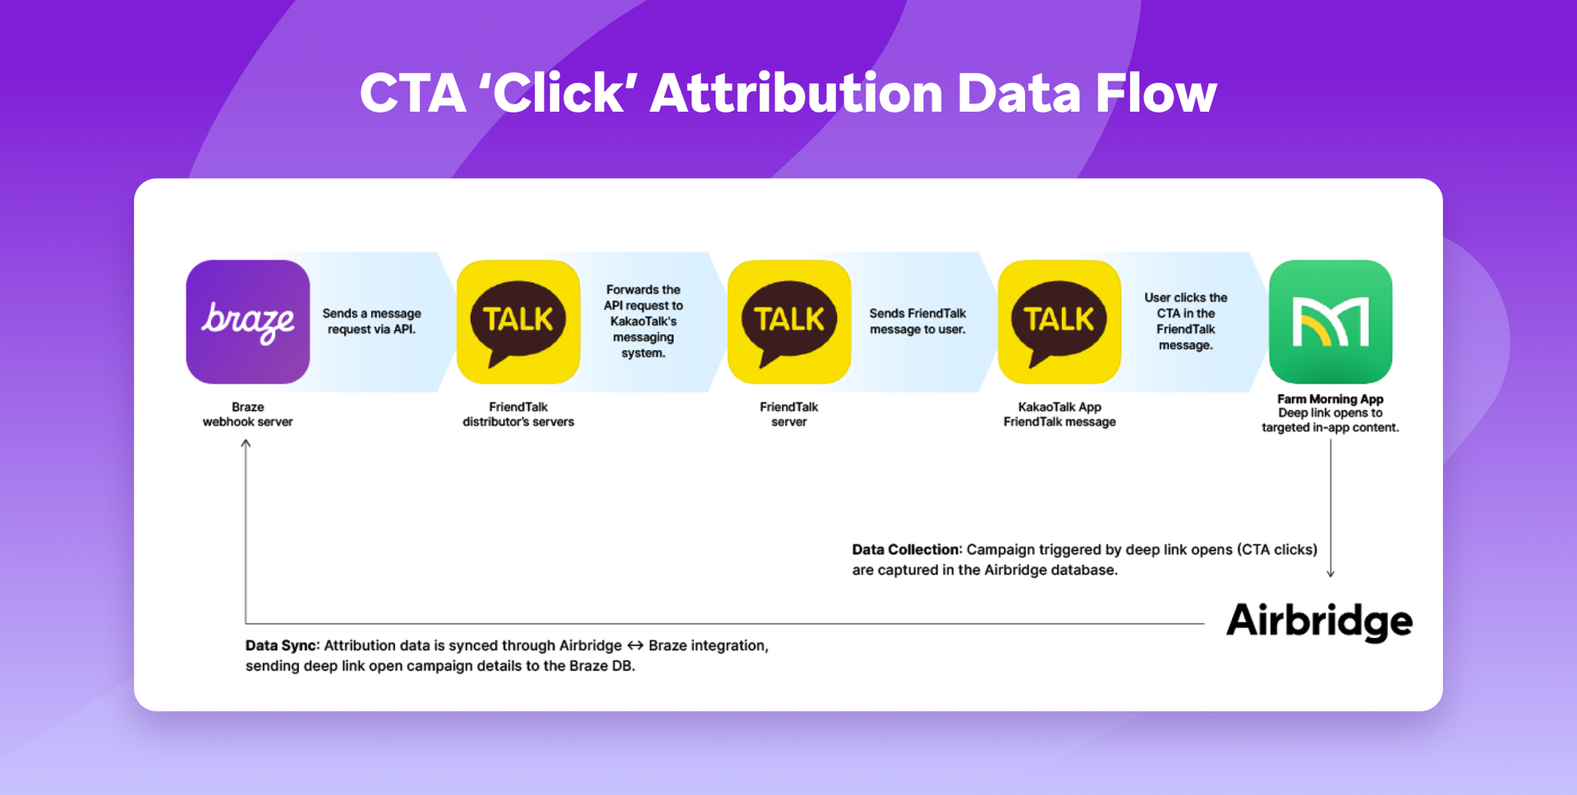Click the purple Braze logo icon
click(248, 322)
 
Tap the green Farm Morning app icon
click(1331, 322)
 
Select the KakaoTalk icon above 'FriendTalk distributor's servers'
click(518, 322)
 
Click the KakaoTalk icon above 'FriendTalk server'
click(789, 322)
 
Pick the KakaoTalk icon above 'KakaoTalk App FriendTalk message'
click(1060, 322)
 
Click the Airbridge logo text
click(1319, 622)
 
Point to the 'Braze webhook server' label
click(248, 414)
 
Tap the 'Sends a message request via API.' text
click(372, 321)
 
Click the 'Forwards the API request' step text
click(643, 321)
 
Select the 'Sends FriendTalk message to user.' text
click(917, 321)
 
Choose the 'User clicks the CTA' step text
click(1186, 321)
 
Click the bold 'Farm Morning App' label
click(1331, 399)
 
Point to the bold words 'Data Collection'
click(906, 549)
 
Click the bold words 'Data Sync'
click(282, 646)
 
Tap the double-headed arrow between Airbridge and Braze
click(635, 646)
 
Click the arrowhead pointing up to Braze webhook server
click(246, 443)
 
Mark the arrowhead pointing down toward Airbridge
click(1331, 573)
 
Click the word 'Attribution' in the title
click(796, 93)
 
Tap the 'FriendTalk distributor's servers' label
click(518, 414)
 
